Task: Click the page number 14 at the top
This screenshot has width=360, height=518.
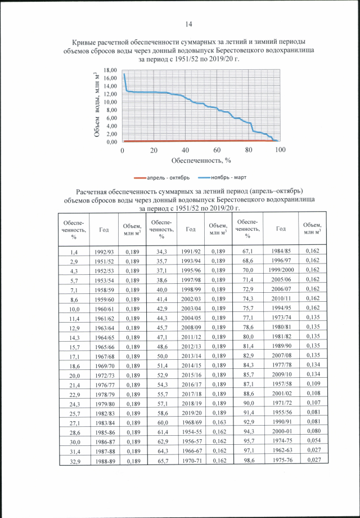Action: point(189,24)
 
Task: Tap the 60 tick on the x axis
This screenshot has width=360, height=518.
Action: point(217,150)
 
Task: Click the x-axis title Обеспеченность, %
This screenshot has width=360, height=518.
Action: point(201,160)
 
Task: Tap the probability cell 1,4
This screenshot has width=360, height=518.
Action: point(74,251)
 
